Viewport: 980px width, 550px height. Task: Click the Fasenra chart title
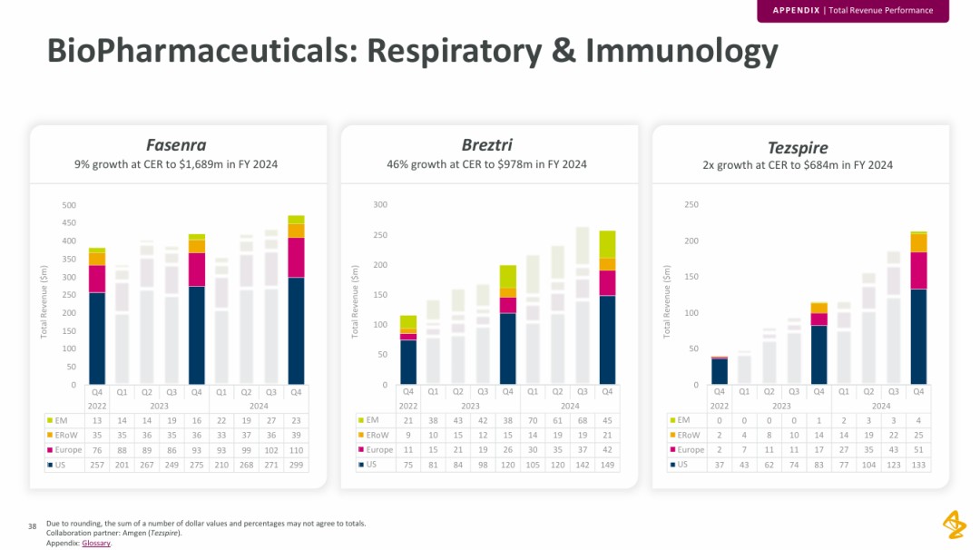pyautogui.click(x=176, y=145)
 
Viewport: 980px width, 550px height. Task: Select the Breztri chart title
pyautogui.click(x=486, y=145)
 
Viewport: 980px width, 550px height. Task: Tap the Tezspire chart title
pyautogui.click(x=798, y=147)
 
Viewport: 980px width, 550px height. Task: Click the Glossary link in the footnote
pyautogui.click(x=96, y=543)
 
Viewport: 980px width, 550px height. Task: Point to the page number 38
pyautogui.click(x=32, y=525)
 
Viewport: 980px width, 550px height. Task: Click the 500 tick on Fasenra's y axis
pyautogui.click(x=69, y=205)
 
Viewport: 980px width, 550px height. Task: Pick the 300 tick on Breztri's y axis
pyautogui.click(x=380, y=205)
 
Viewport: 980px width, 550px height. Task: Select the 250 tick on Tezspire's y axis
pyautogui.click(x=691, y=205)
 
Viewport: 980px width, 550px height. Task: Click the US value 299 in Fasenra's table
pyautogui.click(x=296, y=465)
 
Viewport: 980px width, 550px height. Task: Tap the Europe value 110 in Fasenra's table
pyautogui.click(x=296, y=449)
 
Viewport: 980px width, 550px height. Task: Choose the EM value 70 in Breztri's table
pyautogui.click(x=533, y=420)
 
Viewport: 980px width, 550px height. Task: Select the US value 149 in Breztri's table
pyautogui.click(x=607, y=465)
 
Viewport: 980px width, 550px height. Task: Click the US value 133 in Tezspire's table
pyautogui.click(x=918, y=465)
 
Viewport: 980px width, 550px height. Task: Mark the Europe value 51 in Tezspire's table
pyautogui.click(x=918, y=449)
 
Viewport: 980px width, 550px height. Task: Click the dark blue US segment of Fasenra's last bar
pyautogui.click(x=296, y=331)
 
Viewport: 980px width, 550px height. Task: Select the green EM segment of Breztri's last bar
pyautogui.click(x=607, y=244)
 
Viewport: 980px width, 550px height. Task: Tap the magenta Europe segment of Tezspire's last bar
pyautogui.click(x=918, y=270)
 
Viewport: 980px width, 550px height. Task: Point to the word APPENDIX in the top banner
pyautogui.click(x=796, y=10)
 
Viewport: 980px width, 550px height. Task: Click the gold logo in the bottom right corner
pyautogui.click(x=953, y=524)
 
